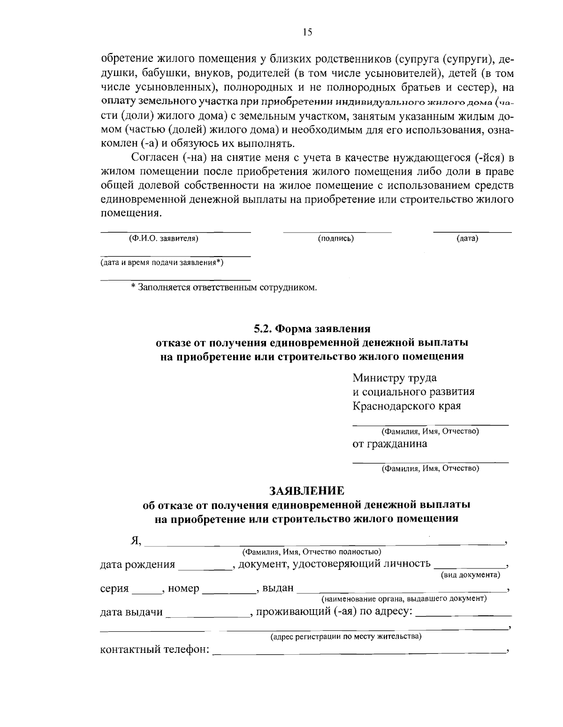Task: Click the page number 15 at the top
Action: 307,32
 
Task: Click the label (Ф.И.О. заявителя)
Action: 163,239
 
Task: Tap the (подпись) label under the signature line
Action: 335,239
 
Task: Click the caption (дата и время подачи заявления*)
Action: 162,263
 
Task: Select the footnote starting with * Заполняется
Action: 224,287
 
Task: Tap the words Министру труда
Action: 395,378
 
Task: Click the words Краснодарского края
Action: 406,406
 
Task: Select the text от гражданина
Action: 389,444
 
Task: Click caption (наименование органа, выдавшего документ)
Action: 403,599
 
